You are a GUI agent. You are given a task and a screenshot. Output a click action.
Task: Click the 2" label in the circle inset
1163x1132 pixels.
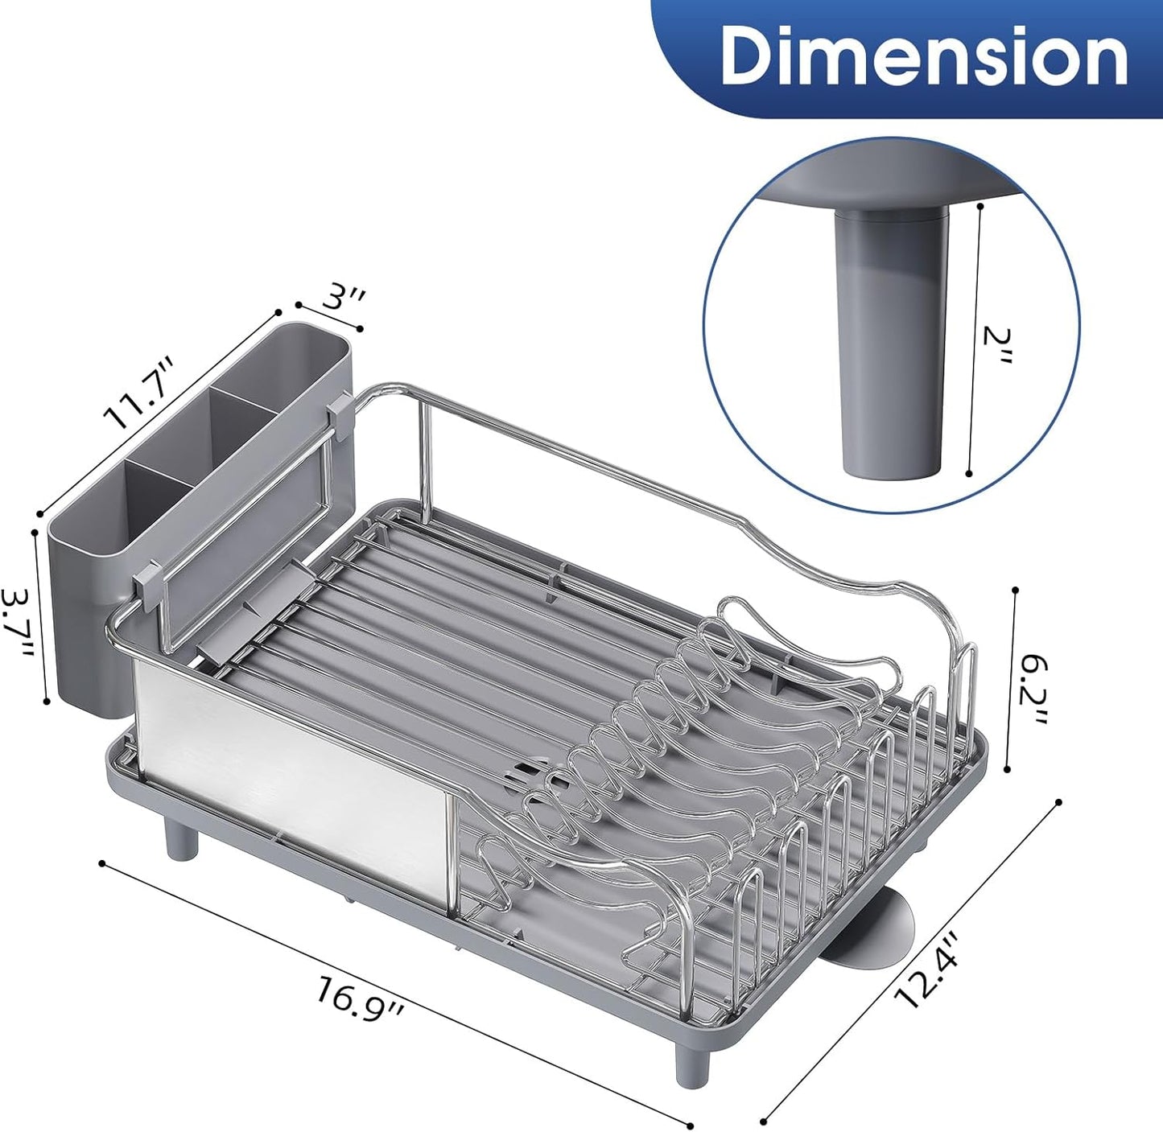pos(997,344)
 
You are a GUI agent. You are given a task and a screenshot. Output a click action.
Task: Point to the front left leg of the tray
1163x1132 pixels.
pos(181,838)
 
